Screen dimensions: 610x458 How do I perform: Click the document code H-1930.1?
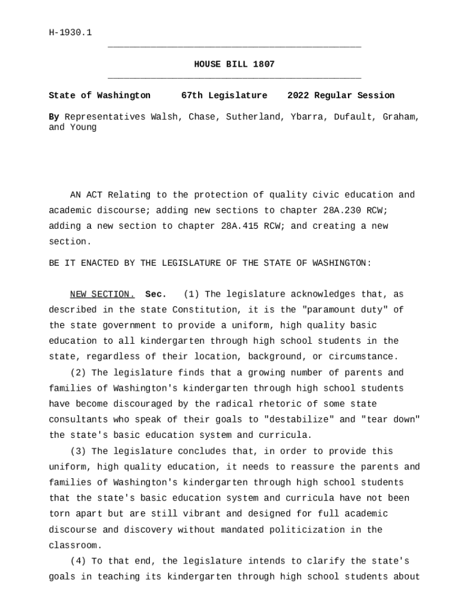click(70, 33)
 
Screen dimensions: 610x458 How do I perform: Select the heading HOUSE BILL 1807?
click(234, 64)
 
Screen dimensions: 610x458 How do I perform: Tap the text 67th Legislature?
click(224, 95)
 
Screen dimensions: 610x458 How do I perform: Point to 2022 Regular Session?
click(341, 95)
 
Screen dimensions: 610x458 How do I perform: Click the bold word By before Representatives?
click(54, 117)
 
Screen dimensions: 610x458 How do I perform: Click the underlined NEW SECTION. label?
click(102, 294)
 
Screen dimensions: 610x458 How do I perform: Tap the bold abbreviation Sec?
click(156, 294)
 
